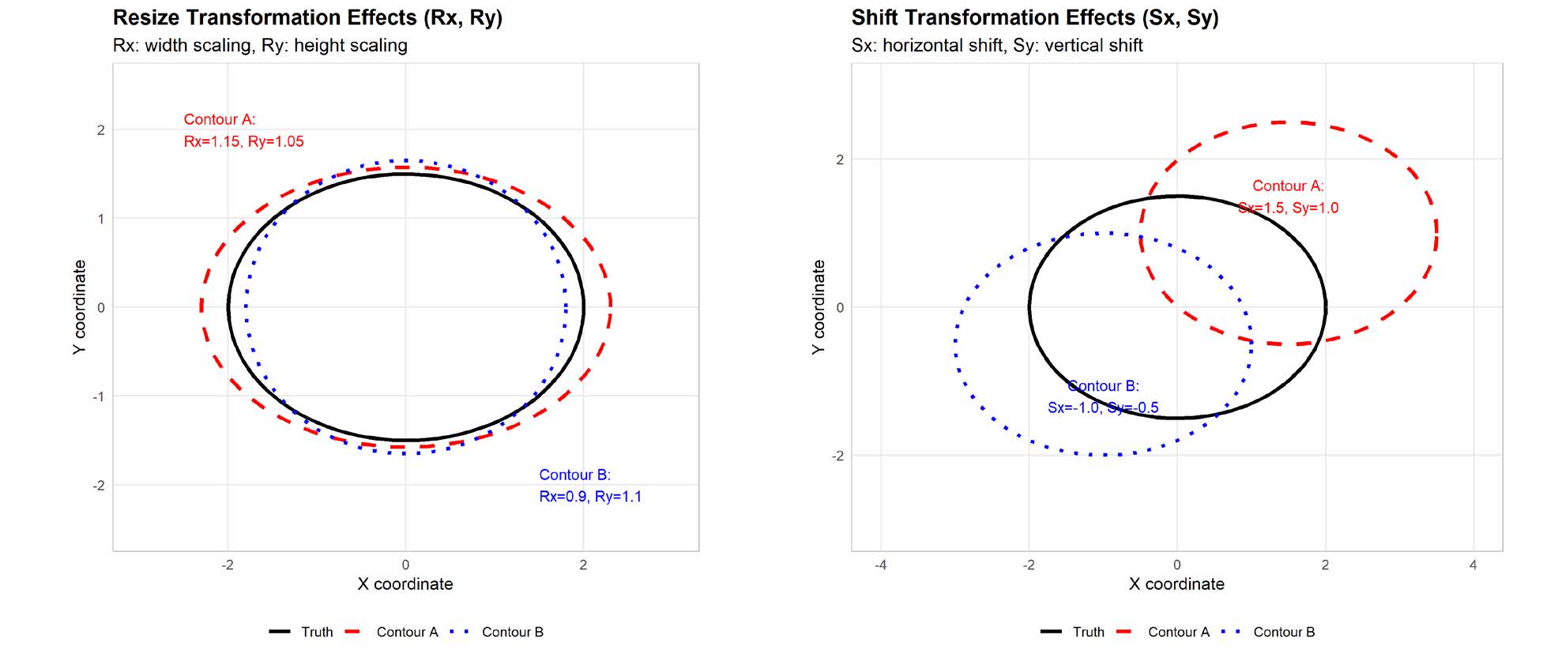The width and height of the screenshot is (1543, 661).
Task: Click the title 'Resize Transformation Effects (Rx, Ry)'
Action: click(x=307, y=17)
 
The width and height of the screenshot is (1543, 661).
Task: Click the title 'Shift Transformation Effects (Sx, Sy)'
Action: click(x=1034, y=17)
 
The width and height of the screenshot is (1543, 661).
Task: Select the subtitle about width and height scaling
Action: click(x=260, y=45)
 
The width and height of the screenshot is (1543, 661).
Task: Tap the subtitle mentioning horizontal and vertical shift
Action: click(x=996, y=45)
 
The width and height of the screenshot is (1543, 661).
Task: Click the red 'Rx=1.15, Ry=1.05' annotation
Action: click(x=243, y=141)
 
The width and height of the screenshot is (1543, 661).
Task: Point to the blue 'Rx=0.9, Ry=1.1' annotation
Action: click(x=589, y=497)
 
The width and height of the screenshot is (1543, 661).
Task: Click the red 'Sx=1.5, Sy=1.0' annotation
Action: click(x=1288, y=208)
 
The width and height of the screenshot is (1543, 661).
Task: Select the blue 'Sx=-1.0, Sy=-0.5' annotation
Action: click(x=1103, y=407)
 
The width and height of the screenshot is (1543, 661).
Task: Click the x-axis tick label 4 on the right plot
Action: click(x=1473, y=565)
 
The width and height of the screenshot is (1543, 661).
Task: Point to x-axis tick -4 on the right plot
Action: click(x=880, y=565)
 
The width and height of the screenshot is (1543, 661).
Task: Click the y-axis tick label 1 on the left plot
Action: click(x=100, y=219)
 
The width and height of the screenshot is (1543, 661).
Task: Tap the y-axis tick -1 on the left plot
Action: click(x=98, y=396)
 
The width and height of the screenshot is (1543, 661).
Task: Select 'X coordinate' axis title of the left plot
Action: click(x=405, y=584)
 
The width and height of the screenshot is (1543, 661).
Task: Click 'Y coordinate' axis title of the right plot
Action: click(x=819, y=307)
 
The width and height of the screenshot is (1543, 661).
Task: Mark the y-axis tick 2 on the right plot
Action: click(x=839, y=160)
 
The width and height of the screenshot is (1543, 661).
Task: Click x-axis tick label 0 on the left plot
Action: click(x=405, y=565)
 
